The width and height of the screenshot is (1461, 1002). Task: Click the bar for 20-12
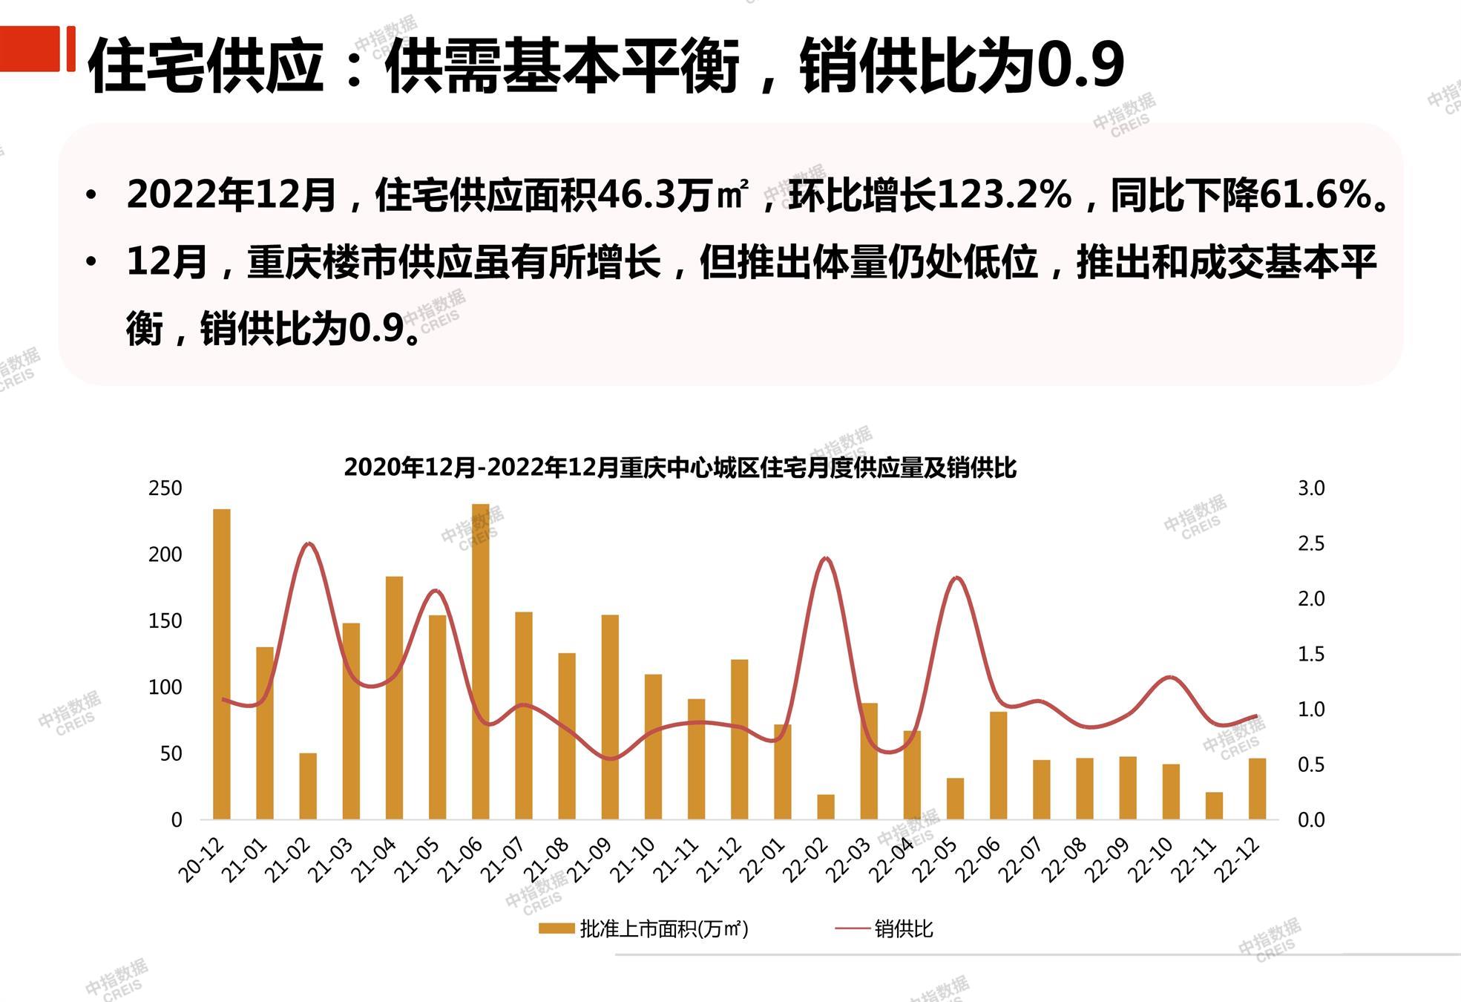tap(221, 664)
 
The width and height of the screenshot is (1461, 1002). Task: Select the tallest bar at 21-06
tap(480, 661)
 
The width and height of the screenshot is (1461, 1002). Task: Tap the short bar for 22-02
tap(825, 807)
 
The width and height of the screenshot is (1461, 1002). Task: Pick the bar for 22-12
tap(1257, 788)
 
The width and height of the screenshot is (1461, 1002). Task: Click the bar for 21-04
tap(394, 698)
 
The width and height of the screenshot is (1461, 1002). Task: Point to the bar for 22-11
tap(1214, 805)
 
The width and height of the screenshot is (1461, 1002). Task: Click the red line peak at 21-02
tap(309, 544)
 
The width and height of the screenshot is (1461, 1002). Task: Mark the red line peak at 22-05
tap(956, 577)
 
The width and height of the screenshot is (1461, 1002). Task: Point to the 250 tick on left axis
tap(165, 488)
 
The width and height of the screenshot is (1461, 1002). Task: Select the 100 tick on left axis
tap(165, 687)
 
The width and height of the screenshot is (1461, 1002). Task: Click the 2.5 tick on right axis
tap(1310, 544)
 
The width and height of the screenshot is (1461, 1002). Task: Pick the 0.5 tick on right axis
tap(1310, 764)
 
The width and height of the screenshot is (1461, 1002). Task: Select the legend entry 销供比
tap(903, 929)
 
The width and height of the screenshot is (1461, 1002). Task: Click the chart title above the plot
tap(680, 468)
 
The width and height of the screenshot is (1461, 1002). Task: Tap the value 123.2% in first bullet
tap(1004, 195)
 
